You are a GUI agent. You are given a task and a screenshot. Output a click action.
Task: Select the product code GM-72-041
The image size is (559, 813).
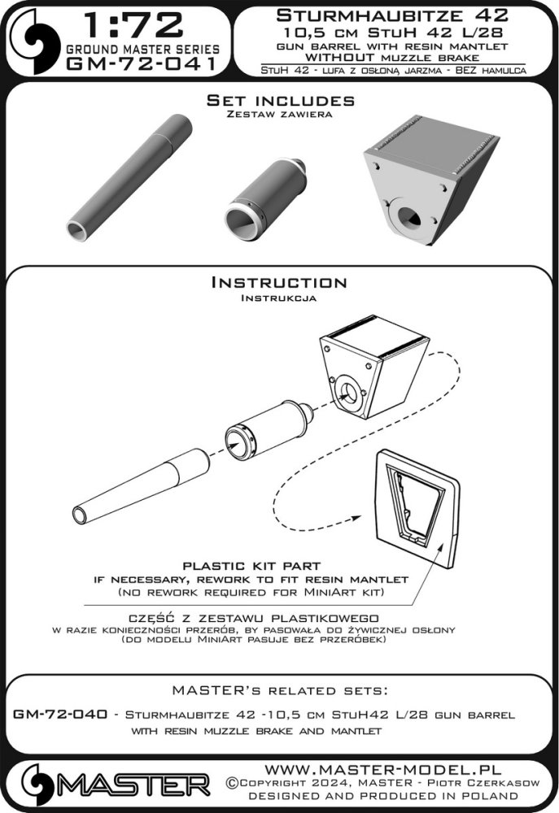click(x=142, y=63)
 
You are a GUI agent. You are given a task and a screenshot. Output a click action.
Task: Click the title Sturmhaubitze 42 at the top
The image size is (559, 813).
click(x=392, y=15)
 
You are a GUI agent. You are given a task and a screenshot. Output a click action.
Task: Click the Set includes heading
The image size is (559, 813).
click(x=280, y=100)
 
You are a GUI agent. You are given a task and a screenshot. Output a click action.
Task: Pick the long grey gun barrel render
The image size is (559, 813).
click(x=129, y=178)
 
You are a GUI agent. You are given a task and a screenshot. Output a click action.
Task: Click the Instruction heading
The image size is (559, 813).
click(x=279, y=283)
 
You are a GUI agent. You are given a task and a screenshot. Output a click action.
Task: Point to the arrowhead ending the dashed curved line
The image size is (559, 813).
click(x=356, y=518)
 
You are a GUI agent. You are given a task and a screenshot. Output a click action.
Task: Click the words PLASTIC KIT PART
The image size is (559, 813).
click(x=251, y=566)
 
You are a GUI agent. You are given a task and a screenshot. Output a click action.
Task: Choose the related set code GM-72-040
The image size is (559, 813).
click(x=60, y=714)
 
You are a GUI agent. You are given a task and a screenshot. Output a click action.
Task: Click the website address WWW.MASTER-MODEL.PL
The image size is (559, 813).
click(x=382, y=769)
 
